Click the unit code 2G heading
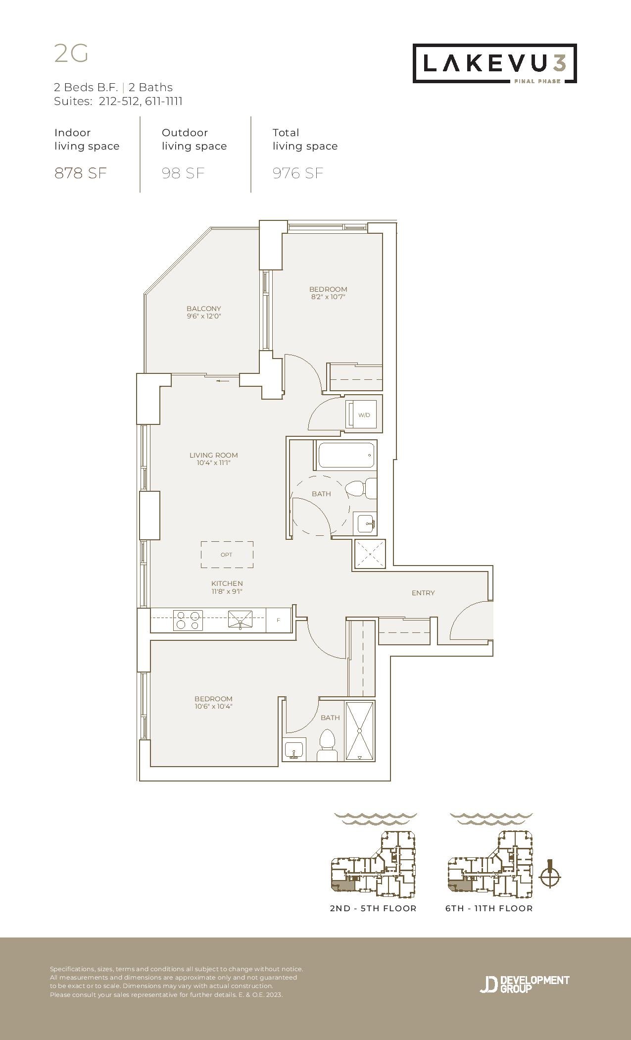pos(71,53)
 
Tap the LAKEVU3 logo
pos(495,63)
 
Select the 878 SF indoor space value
pos(81,173)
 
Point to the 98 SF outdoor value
pos(183,173)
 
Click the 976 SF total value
pos(298,173)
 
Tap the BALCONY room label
pos(204,309)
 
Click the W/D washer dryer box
pos(364,415)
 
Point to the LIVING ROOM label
pos(214,455)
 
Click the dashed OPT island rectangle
pos(227,555)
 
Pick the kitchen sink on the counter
pos(240,620)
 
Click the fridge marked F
pos(278,620)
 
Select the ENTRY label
pos(423,593)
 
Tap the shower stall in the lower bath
pos(360,730)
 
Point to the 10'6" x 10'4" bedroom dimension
pos(213,707)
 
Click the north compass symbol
pos(550,877)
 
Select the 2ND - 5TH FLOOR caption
pos(373,908)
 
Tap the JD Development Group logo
pos(525,984)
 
